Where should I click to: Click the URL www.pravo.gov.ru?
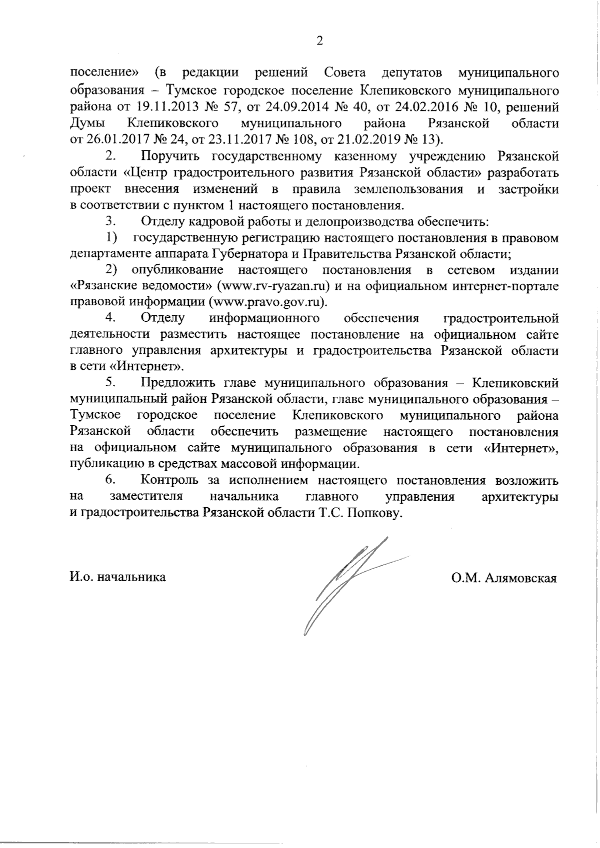pyautogui.click(x=267, y=302)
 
